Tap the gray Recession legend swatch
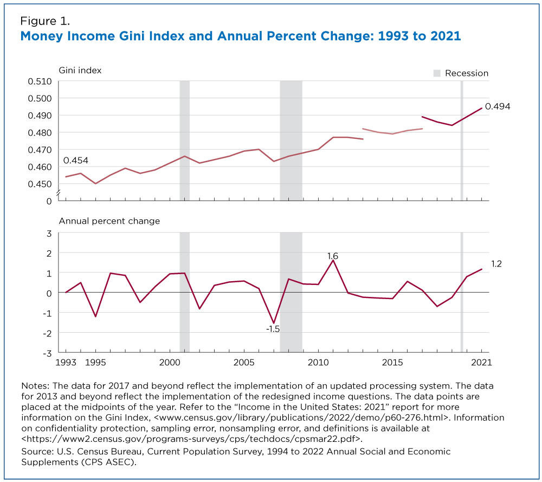(436, 73)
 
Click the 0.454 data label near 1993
(75, 161)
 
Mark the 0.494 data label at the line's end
(497, 106)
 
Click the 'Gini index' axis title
(80, 71)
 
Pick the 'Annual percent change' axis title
(109, 221)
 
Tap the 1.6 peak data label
(333, 255)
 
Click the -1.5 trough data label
(273, 329)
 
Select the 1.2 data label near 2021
(496, 264)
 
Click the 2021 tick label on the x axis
(482, 362)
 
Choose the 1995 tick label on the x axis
(95, 362)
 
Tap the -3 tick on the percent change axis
(48, 352)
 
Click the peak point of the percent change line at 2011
(333, 261)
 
